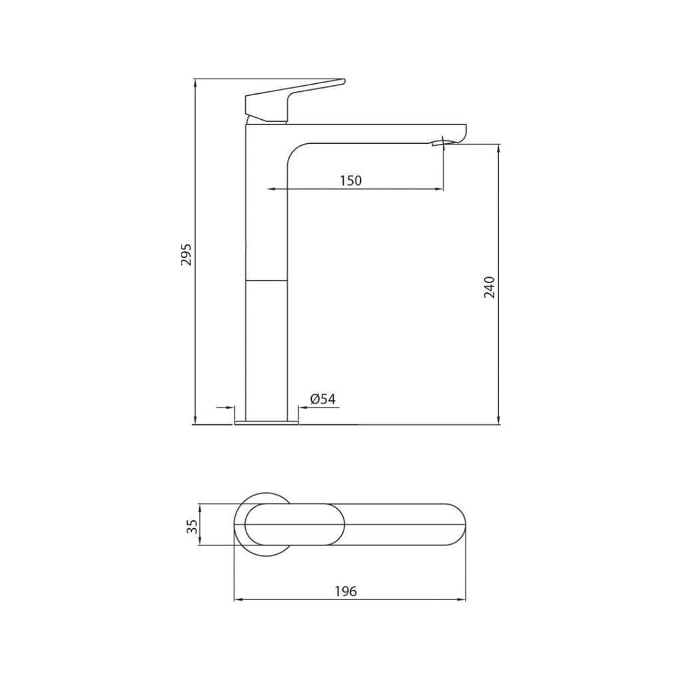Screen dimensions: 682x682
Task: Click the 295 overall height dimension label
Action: pyautogui.click(x=187, y=254)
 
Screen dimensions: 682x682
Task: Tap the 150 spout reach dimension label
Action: pyautogui.click(x=350, y=180)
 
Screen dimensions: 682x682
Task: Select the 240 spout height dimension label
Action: pyautogui.click(x=490, y=286)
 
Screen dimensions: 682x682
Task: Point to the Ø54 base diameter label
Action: pyautogui.click(x=323, y=399)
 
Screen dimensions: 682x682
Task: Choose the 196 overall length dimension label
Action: pyautogui.click(x=346, y=591)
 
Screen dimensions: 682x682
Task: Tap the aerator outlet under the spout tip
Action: pyautogui.click(x=440, y=142)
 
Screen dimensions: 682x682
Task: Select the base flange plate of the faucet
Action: pyautogui.click(x=266, y=422)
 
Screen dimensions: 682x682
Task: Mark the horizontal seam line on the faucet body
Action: pyautogui.click(x=266, y=281)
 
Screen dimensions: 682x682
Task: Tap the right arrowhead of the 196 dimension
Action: pyautogui.click(x=462, y=600)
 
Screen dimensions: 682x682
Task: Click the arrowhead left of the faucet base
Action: pyautogui.click(x=230, y=407)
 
